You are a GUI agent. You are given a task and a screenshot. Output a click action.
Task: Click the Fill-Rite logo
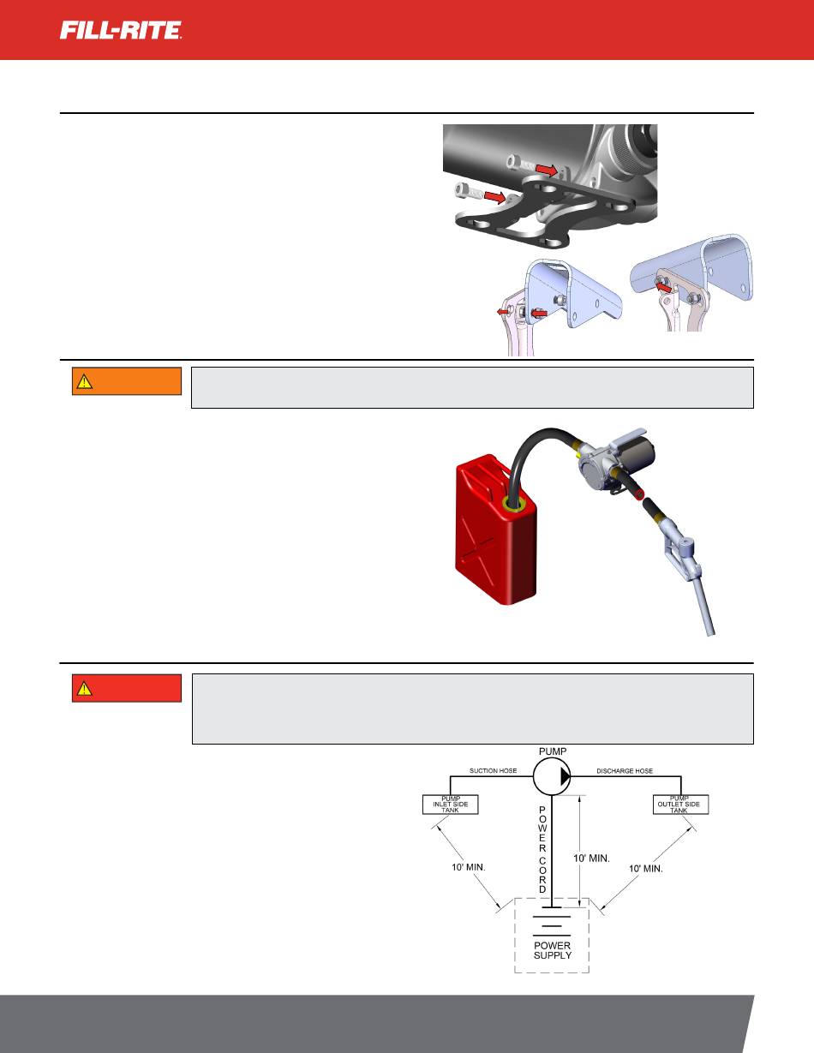coord(121,30)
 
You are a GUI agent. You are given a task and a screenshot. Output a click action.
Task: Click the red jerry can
coord(495,529)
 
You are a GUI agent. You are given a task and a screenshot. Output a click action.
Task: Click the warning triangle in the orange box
coord(84,381)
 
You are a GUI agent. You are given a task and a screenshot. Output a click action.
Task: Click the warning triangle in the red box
coord(84,688)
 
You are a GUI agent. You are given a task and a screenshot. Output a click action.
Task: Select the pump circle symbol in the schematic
coord(552,776)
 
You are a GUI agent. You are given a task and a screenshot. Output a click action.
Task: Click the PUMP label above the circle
coord(553,751)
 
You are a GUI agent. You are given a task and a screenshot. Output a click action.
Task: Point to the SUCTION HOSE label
coord(493,770)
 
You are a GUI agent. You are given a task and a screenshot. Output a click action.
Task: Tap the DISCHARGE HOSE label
coord(625,770)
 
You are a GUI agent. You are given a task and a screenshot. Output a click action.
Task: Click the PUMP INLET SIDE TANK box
coord(450,805)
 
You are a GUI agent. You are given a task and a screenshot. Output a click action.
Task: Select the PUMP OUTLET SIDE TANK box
coord(680,805)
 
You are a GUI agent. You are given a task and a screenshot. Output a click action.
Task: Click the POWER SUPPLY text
coord(553,950)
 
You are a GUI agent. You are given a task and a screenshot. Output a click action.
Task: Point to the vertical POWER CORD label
coord(542,849)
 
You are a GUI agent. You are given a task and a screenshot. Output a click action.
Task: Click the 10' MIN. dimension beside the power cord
coord(591,859)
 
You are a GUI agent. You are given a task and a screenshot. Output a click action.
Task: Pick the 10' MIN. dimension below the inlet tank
coord(469,867)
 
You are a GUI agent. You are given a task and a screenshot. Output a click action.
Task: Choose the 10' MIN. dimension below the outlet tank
coord(646,869)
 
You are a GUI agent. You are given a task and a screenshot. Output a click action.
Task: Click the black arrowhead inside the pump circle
coord(566,776)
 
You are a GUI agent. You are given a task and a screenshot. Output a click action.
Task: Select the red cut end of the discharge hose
coord(639,495)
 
